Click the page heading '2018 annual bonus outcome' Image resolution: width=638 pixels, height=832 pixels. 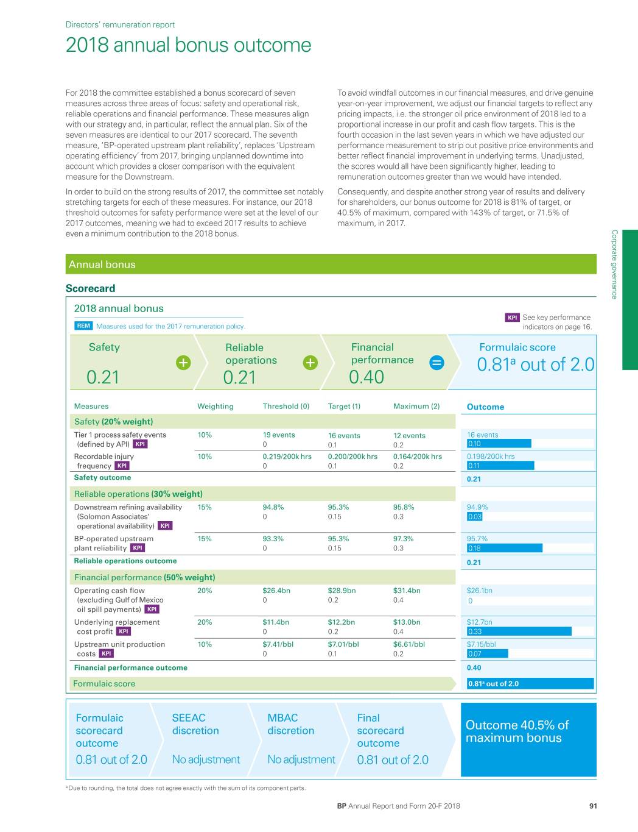click(x=188, y=45)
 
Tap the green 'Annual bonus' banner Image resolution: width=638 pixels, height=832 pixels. click(x=331, y=265)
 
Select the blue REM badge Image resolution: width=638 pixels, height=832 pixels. click(x=83, y=326)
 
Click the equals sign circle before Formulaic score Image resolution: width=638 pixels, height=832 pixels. click(x=436, y=363)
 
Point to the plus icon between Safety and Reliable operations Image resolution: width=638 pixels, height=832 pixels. click(x=183, y=363)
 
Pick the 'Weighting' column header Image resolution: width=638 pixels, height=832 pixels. click(x=215, y=407)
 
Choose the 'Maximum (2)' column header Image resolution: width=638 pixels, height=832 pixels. click(x=416, y=407)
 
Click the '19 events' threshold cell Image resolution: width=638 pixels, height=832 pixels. click(x=278, y=435)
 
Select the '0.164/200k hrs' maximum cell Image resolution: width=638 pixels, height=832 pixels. click(x=417, y=457)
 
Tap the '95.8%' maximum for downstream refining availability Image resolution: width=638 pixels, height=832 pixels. click(x=404, y=507)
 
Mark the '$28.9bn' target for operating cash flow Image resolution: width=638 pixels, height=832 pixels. click(x=342, y=591)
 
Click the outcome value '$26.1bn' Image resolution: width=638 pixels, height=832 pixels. click(x=479, y=591)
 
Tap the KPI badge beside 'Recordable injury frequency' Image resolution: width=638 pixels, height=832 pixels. click(x=122, y=466)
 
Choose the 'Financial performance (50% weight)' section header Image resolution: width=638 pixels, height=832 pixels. click(x=144, y=577)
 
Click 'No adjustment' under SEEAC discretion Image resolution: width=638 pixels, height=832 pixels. click(x=206, y=759)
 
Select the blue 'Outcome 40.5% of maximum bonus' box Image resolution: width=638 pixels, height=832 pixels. click(x=528, y=739)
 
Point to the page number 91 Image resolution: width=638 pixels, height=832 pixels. click(x=593, y=806)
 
